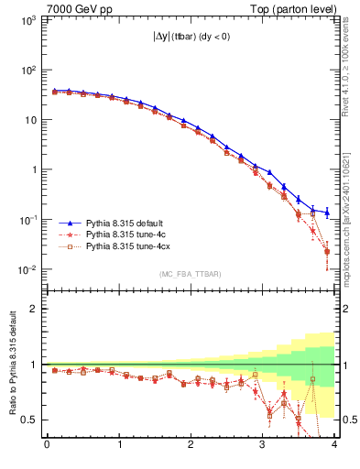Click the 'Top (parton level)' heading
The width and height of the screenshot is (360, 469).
coord(295,8)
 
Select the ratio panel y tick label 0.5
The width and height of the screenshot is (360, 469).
coord(29,420)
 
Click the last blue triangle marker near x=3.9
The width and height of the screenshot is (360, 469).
coord(327,213)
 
